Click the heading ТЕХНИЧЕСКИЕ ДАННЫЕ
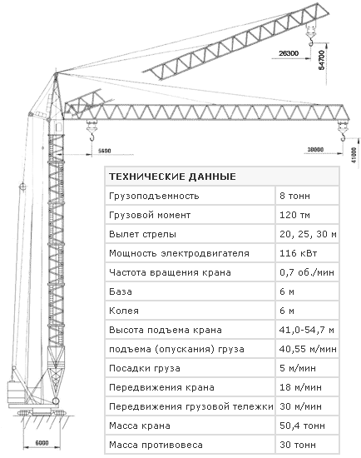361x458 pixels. [x=172, y=177]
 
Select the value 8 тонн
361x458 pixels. [x=294, y=196]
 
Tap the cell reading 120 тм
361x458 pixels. [x=294, y=215]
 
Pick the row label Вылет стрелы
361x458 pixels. [x=142, y=234]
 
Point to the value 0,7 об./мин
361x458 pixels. [x=307, y=272]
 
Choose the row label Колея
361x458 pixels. [x=124, y=311]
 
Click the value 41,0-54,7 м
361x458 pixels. [x=306, y=330]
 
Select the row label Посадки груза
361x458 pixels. [x=145, y=368]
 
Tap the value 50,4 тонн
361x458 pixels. [x=302, y=426]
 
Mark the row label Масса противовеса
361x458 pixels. [x=156, y=445]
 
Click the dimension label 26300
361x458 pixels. [x=289, y=53]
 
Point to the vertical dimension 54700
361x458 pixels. [x=321, y=60]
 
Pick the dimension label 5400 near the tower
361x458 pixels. [x=105, y=151]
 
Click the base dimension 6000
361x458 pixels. [x=42, y=443]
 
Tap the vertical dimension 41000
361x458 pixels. [x=354, y=155]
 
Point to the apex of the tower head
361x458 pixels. [x=56, y=73]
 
